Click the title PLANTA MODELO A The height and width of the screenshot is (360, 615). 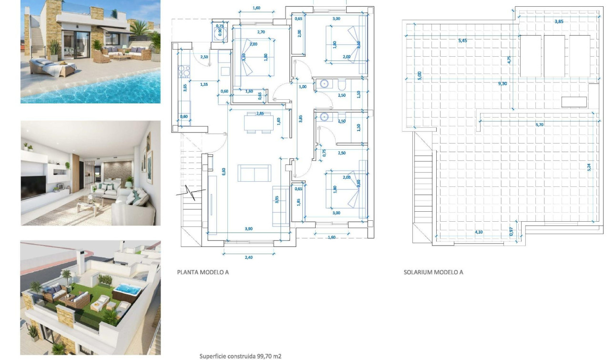tap(203, 272)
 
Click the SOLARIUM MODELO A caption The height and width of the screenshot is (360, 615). tap(433, 272)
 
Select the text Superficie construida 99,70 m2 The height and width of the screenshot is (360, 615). tap(243, 356)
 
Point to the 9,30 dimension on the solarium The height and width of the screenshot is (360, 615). tap(502, 83)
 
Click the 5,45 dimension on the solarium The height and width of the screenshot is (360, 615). tap(462, 41)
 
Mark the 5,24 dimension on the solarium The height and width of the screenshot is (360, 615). tap(589, 167)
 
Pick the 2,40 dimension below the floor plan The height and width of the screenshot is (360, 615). tap(249, 257)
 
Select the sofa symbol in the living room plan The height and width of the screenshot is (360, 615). tap(254, 173)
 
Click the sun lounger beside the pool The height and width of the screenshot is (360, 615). tap(50, 67)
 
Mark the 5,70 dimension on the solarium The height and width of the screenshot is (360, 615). tap(539, 124)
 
